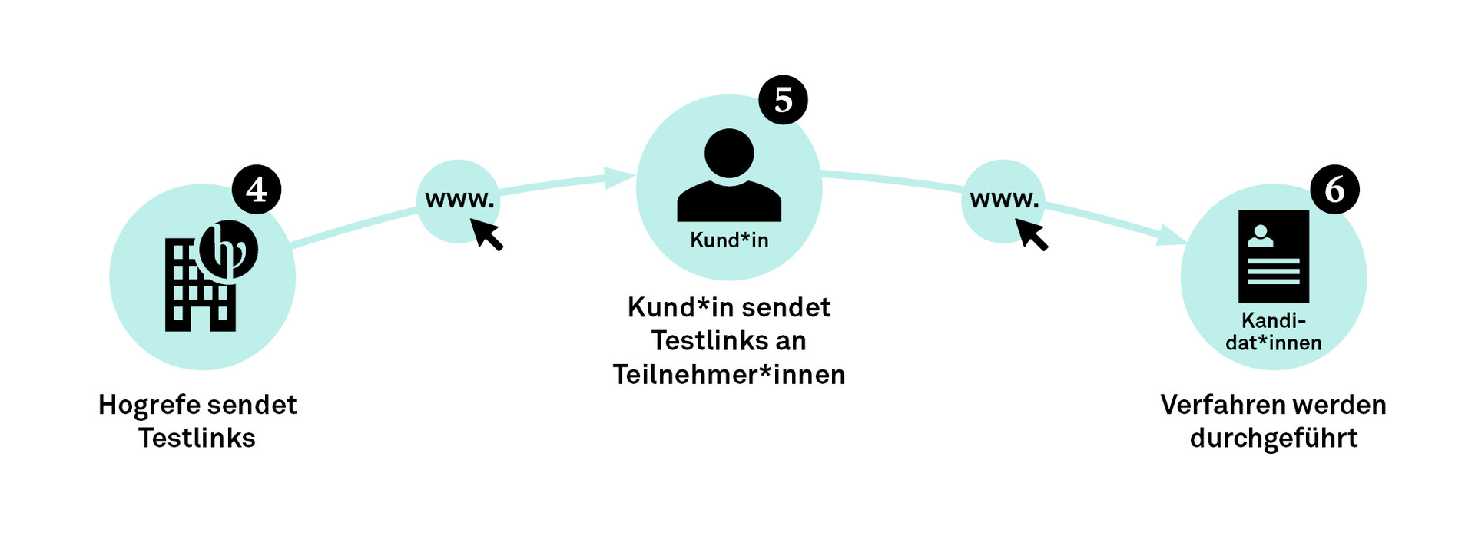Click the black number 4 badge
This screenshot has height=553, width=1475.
click(257, 189)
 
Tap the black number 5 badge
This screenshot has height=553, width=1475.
click(783, 100)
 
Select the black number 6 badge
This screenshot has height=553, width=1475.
click(1334, 189)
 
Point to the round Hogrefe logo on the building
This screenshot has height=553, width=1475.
click(228, 250)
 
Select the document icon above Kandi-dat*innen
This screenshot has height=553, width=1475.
click(1273, 256)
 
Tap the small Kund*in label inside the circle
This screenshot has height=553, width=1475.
click(729, 240)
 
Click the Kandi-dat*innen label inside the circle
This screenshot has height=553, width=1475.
click(1273, 332)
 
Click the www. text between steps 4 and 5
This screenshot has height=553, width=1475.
click(459, 200)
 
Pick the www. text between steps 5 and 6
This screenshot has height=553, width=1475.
click(1004, 200)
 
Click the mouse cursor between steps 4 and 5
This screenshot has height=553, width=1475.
click(486, 233)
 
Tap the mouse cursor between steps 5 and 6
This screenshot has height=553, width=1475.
click(1031, 233)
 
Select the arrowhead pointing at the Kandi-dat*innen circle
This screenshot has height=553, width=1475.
click(1172, 236)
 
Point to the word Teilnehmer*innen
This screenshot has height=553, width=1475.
click(729, 375)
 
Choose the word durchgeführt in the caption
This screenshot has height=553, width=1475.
click(1273, 438)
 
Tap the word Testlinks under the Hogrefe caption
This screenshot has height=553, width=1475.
click(197, 438)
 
